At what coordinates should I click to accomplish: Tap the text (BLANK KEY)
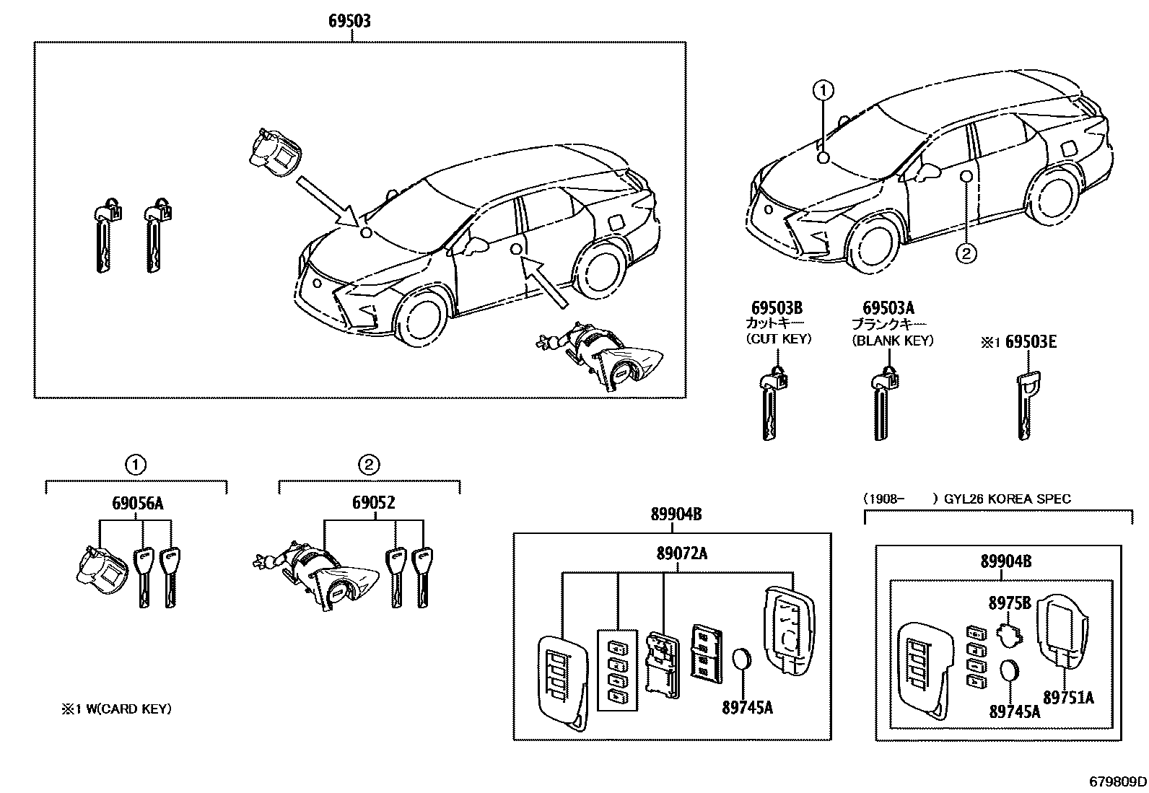pos(893,341)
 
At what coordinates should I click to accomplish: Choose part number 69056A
pos(137,504)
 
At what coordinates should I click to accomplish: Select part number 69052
pos(373,504)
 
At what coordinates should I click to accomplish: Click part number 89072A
pos(681,553)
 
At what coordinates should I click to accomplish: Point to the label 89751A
pos(1069,697)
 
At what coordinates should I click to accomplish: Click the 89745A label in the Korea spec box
pos(1014,712)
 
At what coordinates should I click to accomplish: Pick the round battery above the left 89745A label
pos(743,662)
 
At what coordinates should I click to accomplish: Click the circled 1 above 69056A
pos(136,464)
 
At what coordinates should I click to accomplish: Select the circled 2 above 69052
pos(369,464)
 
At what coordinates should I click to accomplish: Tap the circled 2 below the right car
pos(966,253)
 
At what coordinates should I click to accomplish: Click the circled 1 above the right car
pos(823,91)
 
